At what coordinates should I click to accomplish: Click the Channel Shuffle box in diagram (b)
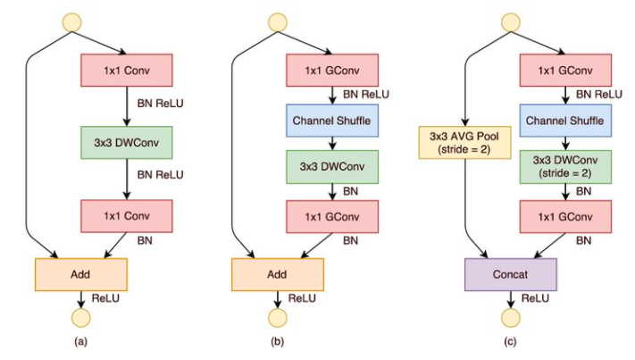[x=332, y=118]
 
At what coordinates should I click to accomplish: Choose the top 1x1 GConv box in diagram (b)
[x=332, y=69]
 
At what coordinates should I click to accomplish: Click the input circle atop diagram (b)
[x=278, y=20]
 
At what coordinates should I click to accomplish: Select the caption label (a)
[x=80, y=342]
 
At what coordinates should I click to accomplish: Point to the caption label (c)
[x=510, y=342]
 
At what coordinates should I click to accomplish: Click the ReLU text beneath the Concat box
[x=535, y=295]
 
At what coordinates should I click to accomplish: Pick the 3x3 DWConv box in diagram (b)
[x=332, y=166]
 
